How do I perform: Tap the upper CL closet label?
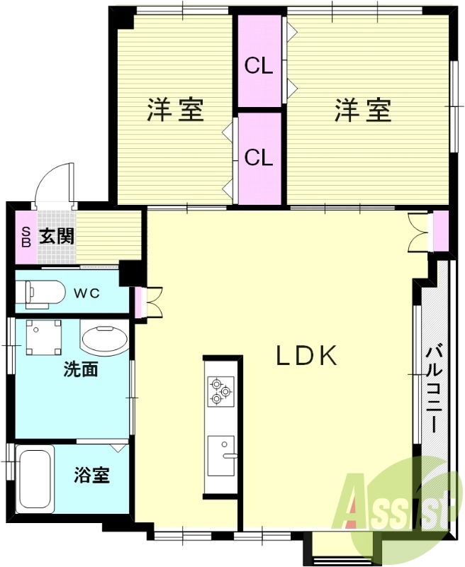259,66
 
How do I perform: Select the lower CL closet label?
259,157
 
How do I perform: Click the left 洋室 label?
175,110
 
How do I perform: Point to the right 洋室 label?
363,110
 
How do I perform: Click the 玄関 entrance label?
56,236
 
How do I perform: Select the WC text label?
89,293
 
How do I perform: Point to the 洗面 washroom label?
80,369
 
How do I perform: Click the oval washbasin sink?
104,339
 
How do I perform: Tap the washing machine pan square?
44,337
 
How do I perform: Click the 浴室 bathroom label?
92,476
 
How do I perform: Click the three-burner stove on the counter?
219,391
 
